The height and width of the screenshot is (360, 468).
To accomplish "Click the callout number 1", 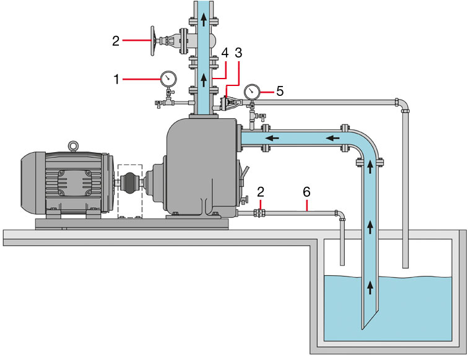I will (117, 79).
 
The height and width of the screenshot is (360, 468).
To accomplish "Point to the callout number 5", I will (280, 91).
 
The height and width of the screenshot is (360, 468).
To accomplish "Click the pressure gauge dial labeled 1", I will (167, 79).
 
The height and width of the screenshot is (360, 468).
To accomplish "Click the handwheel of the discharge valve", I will (152, 41).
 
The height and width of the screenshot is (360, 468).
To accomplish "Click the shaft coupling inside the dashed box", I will (130, 184).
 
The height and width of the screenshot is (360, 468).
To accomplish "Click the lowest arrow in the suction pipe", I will (370, 286).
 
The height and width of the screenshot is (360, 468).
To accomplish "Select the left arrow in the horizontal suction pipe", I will (272, 137).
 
